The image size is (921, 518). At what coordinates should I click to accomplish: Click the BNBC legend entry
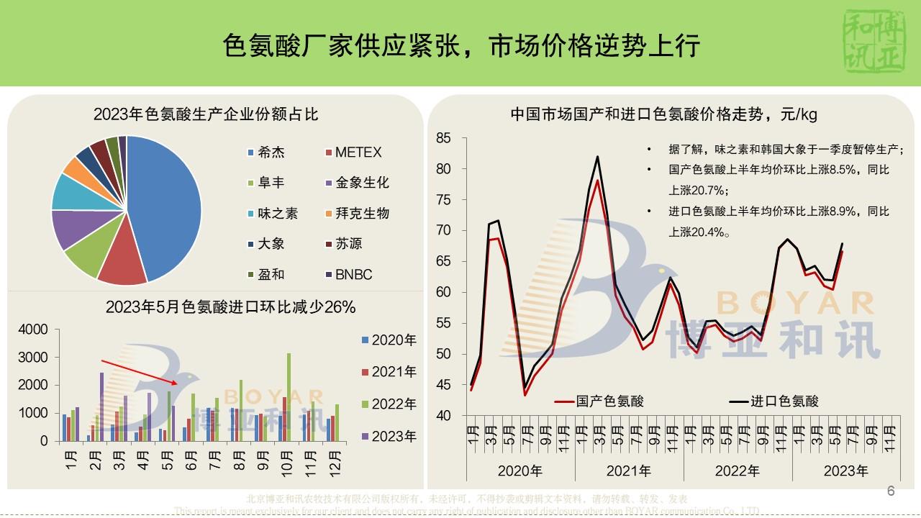353,274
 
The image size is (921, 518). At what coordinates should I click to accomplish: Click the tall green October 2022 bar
289,396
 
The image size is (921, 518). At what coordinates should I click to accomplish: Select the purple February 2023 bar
101,406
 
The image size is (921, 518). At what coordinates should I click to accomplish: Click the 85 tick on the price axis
443,138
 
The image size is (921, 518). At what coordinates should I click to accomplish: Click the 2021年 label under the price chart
628,471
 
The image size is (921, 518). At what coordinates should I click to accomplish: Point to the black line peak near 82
598,157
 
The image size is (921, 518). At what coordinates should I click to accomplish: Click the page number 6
891,491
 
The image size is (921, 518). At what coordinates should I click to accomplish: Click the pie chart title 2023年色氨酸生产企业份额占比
206,114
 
